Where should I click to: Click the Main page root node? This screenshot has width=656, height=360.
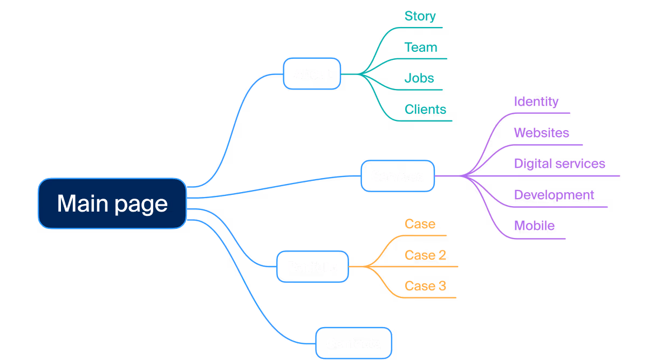[x=112, y=203]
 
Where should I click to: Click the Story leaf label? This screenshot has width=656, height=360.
[x=420, y=16]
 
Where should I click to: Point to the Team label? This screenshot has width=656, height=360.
[x=421, y=47]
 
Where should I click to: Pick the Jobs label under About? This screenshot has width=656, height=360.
[x=419, y=78]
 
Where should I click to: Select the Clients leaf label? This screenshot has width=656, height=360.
[x=425, y=110]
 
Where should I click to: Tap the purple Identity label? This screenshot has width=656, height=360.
[x=536, y=101]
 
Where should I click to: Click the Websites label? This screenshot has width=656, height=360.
[x=541, y=133]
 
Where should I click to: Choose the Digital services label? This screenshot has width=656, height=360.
[x=559, y=164]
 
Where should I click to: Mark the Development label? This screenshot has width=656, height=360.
[x=554, y=195]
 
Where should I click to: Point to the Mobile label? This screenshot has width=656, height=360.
[x=534, y=226]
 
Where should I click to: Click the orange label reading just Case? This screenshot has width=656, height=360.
[x=420, y=224]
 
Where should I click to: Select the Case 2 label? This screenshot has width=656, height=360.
[x=425, y=255]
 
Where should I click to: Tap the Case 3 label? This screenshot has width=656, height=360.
[x=425, y=286]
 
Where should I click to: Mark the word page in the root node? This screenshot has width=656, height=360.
[x=141, y=205]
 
